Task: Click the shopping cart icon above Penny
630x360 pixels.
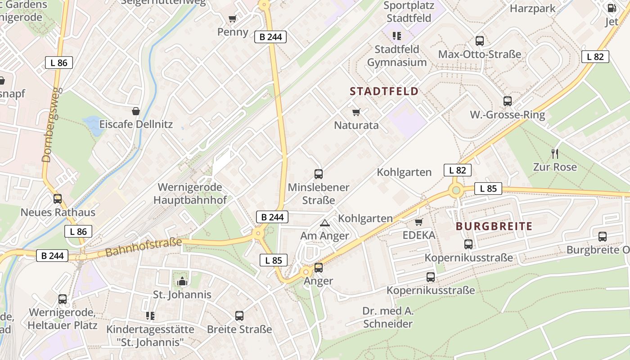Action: point(232,19)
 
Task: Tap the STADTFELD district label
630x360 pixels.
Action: point(384,91)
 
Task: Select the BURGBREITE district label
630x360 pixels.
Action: point(494,226)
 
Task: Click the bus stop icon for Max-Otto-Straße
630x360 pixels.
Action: point(480,41)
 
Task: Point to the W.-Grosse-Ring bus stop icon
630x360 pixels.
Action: point(508,101)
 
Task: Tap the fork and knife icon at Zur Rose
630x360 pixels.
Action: point(555,154)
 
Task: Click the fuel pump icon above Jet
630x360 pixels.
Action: point(612,8)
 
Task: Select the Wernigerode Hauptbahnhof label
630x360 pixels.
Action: point(190,193)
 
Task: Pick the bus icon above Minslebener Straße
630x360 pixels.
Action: point(319,174)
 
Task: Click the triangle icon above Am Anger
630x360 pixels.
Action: point(324,223)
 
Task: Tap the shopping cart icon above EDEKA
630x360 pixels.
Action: point(419,222)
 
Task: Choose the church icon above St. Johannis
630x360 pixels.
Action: point(182,282)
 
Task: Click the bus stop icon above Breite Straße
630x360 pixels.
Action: point(239,316)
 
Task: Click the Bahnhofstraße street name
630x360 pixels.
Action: point(144,247)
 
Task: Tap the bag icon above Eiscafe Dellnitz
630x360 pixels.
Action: point(136,111)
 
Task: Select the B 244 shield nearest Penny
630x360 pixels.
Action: point(271,37)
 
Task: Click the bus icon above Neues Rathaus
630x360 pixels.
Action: point(58,199)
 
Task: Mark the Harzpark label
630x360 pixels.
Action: point(532,8)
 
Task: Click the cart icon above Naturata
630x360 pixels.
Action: point(356,112)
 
